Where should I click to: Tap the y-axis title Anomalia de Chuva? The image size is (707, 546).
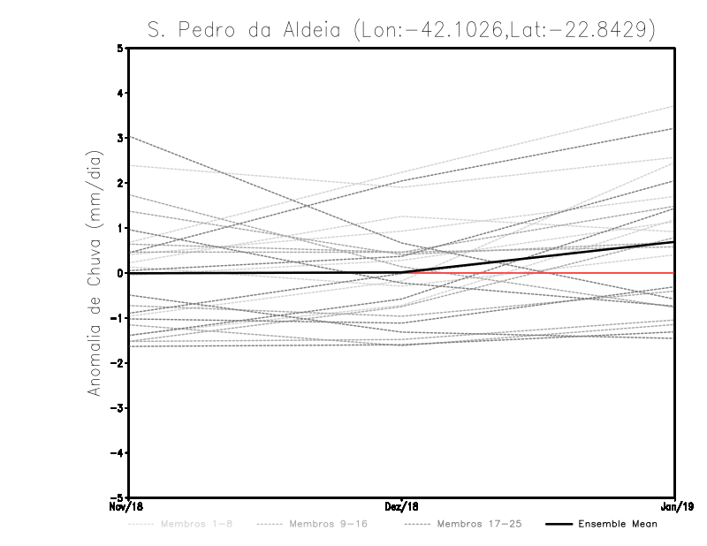95,273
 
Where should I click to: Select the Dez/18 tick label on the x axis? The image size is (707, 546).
402,506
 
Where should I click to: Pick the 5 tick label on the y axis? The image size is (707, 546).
121,48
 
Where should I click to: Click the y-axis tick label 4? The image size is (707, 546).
121,93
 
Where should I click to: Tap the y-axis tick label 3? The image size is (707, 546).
121,138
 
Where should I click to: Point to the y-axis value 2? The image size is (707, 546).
121,183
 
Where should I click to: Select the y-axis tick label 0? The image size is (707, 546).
121,273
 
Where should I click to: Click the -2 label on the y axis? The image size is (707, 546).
118,363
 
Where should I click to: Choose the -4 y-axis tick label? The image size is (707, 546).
118,452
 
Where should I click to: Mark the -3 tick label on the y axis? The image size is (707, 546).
118,408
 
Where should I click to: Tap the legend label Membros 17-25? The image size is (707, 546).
479,524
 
